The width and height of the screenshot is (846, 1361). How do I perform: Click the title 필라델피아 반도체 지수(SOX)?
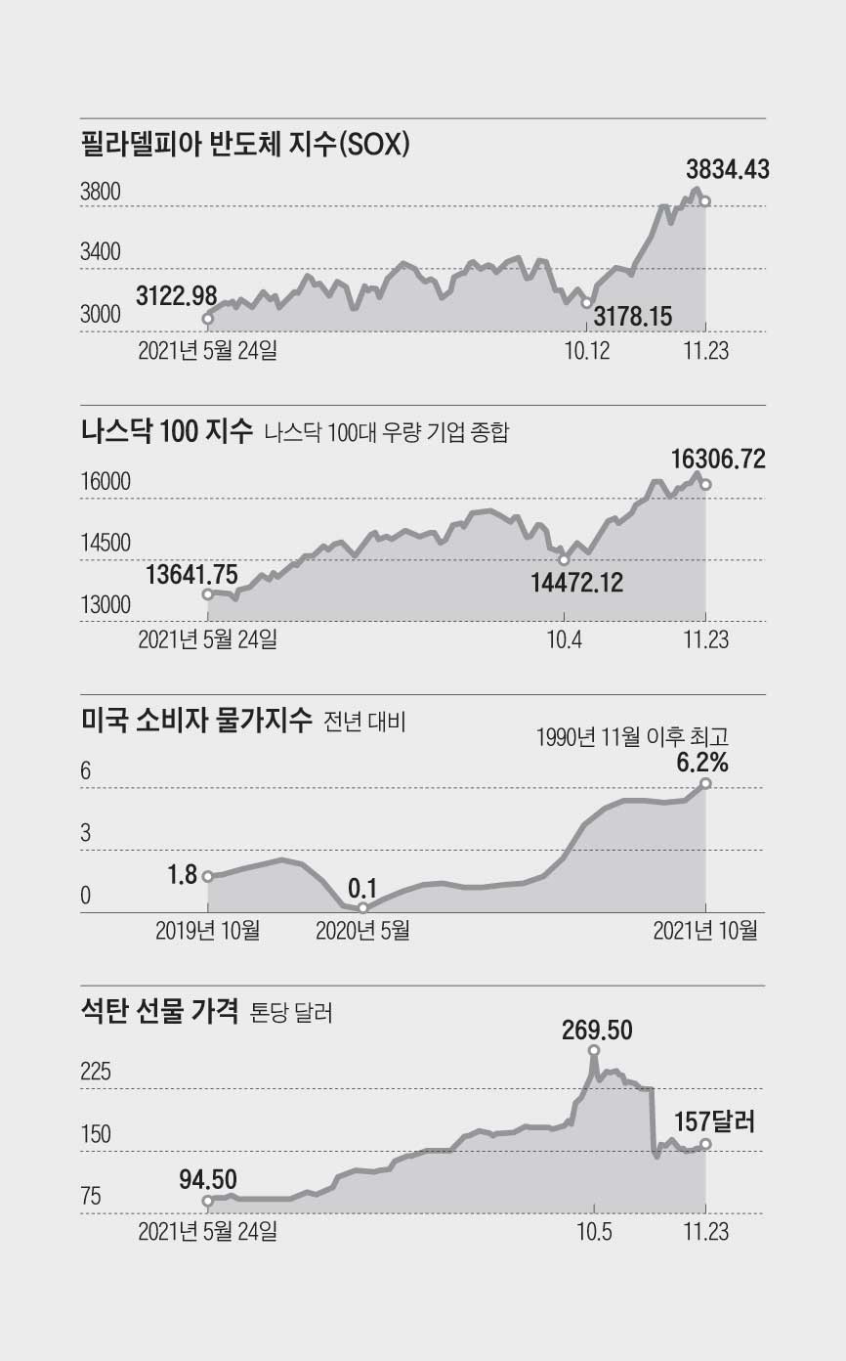[244, 147]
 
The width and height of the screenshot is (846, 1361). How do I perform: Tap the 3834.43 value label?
[727, 169]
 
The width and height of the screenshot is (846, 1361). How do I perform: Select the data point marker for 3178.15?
[587, 303]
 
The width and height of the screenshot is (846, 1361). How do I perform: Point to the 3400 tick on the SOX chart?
[101, 253]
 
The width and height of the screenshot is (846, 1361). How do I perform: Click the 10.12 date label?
[587, 349]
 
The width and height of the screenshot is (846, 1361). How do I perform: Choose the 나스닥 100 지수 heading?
[166, 432]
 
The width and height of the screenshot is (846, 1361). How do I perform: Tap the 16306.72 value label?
[718, 457]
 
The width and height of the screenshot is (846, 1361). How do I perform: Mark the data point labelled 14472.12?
[564, 560]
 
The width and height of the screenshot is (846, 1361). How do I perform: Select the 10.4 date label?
[564, 640]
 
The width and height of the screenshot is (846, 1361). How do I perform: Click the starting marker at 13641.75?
[207, 593]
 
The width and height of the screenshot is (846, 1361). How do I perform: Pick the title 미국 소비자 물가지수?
[197, 722]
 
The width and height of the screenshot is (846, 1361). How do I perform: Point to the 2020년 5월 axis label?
[362, 930]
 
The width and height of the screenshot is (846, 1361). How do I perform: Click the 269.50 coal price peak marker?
[594, 1051]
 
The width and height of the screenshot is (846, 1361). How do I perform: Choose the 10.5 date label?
[594, 1230]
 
